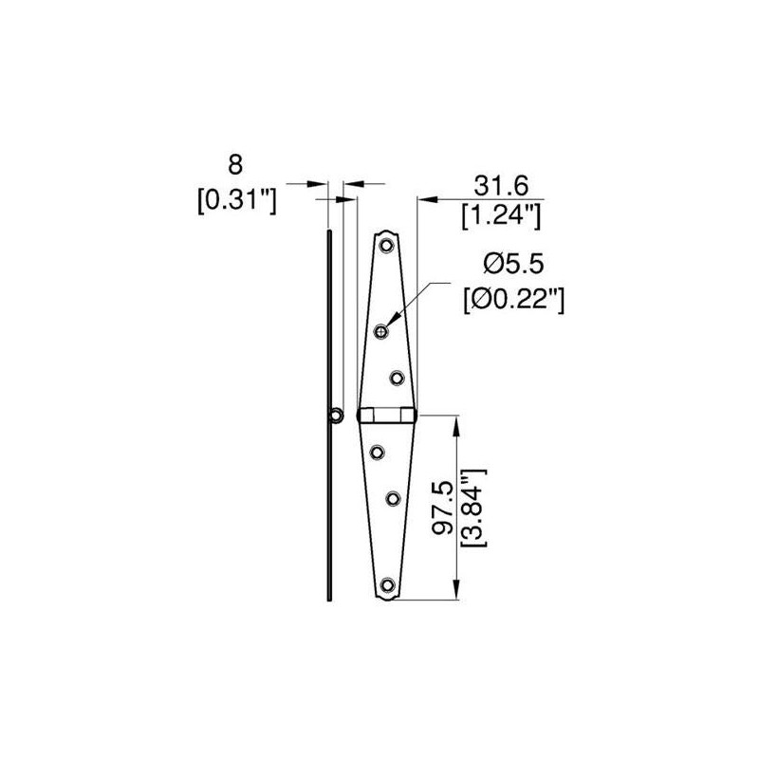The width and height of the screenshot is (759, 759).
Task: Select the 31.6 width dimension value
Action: click(501, 183)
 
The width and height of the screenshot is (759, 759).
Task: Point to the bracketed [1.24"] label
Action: click(501, 216)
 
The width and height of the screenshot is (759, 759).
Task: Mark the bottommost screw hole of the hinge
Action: click(386, 586)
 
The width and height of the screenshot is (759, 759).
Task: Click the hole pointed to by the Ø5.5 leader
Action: click(381, 330)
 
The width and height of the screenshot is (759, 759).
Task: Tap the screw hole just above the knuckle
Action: click(395, 377)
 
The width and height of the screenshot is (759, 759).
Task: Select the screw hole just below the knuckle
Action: click(379, 452)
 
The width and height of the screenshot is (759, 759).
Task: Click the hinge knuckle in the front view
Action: click(386, 416)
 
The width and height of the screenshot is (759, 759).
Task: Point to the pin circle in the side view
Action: click(335, 415)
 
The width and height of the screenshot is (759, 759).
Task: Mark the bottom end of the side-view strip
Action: click(328, 597)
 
